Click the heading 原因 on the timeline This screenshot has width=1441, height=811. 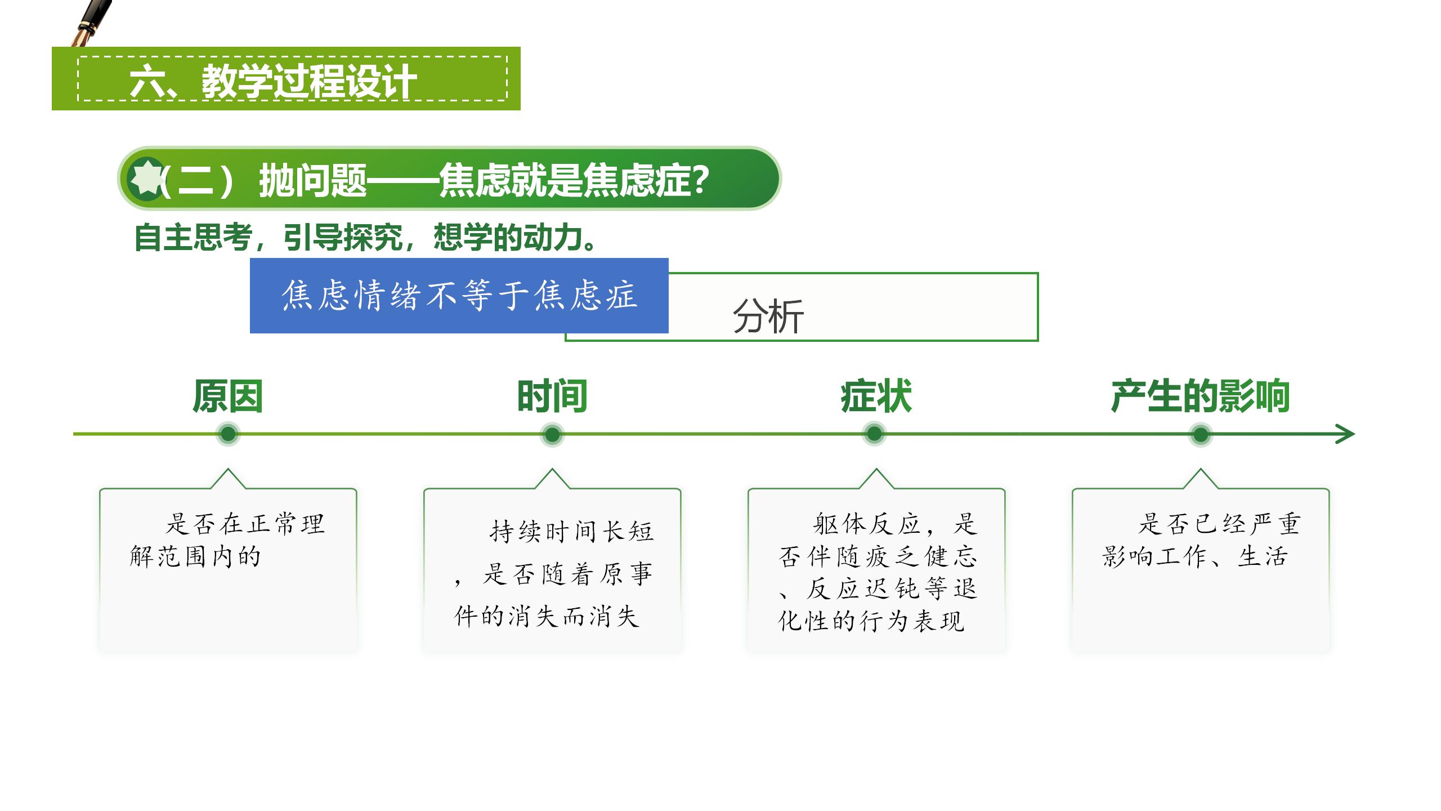coord(227,396)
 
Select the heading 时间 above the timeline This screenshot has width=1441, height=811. coord(552,396)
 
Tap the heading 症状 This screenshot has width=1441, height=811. coord(876,396)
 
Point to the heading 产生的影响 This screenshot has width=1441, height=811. coord(1200,396)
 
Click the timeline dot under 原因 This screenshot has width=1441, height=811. coord(228,434)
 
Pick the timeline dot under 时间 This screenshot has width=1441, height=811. coord(552,434)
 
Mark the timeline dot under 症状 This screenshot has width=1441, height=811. coord(874,434)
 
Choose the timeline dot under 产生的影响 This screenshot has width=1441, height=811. coord(1201,434)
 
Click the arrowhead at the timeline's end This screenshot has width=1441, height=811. coord(1353,434)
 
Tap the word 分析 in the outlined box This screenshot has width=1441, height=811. coord(768,317)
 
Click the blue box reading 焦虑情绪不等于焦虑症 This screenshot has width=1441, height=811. coord(459,296)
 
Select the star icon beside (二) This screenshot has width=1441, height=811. coord(146,179)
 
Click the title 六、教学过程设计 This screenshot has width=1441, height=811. coord(274,82)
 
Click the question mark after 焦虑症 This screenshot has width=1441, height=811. coord(700,180)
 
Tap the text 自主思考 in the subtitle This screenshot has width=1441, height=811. coord(193,238)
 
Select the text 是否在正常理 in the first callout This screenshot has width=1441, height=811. coord(245,524)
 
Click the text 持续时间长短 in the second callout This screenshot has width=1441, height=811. coord(572,531)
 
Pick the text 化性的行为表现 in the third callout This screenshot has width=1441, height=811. coord(871,621)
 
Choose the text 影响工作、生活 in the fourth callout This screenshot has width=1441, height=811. coord(1194,556)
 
